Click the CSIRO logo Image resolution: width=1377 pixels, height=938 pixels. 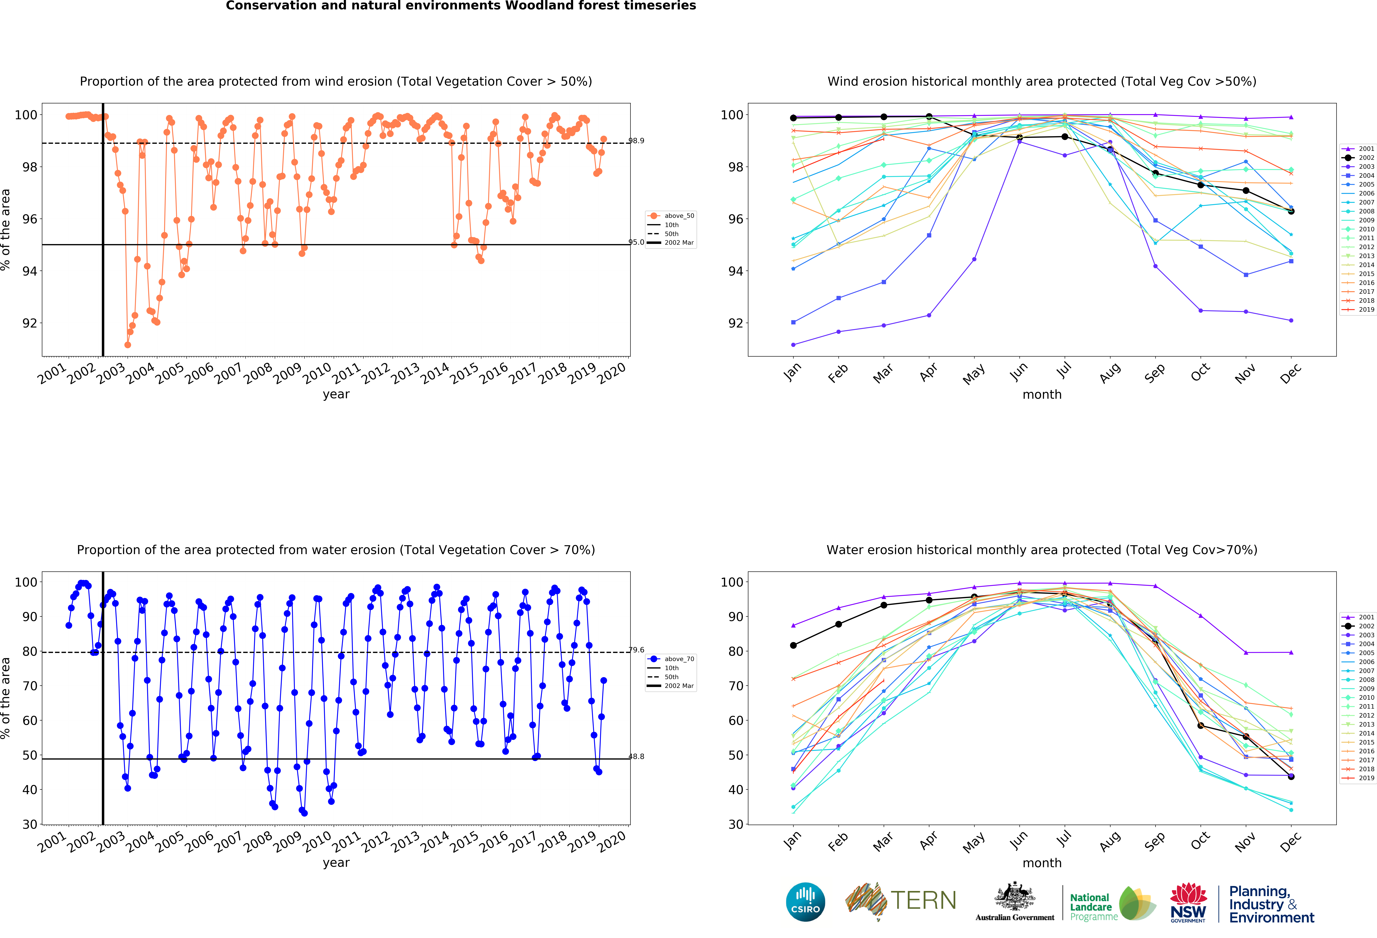(805, 902)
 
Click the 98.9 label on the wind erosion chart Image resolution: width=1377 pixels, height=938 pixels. (636, 141)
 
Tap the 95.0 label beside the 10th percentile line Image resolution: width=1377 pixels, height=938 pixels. (636, 242)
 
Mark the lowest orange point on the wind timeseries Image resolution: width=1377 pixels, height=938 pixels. (127, 345)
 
